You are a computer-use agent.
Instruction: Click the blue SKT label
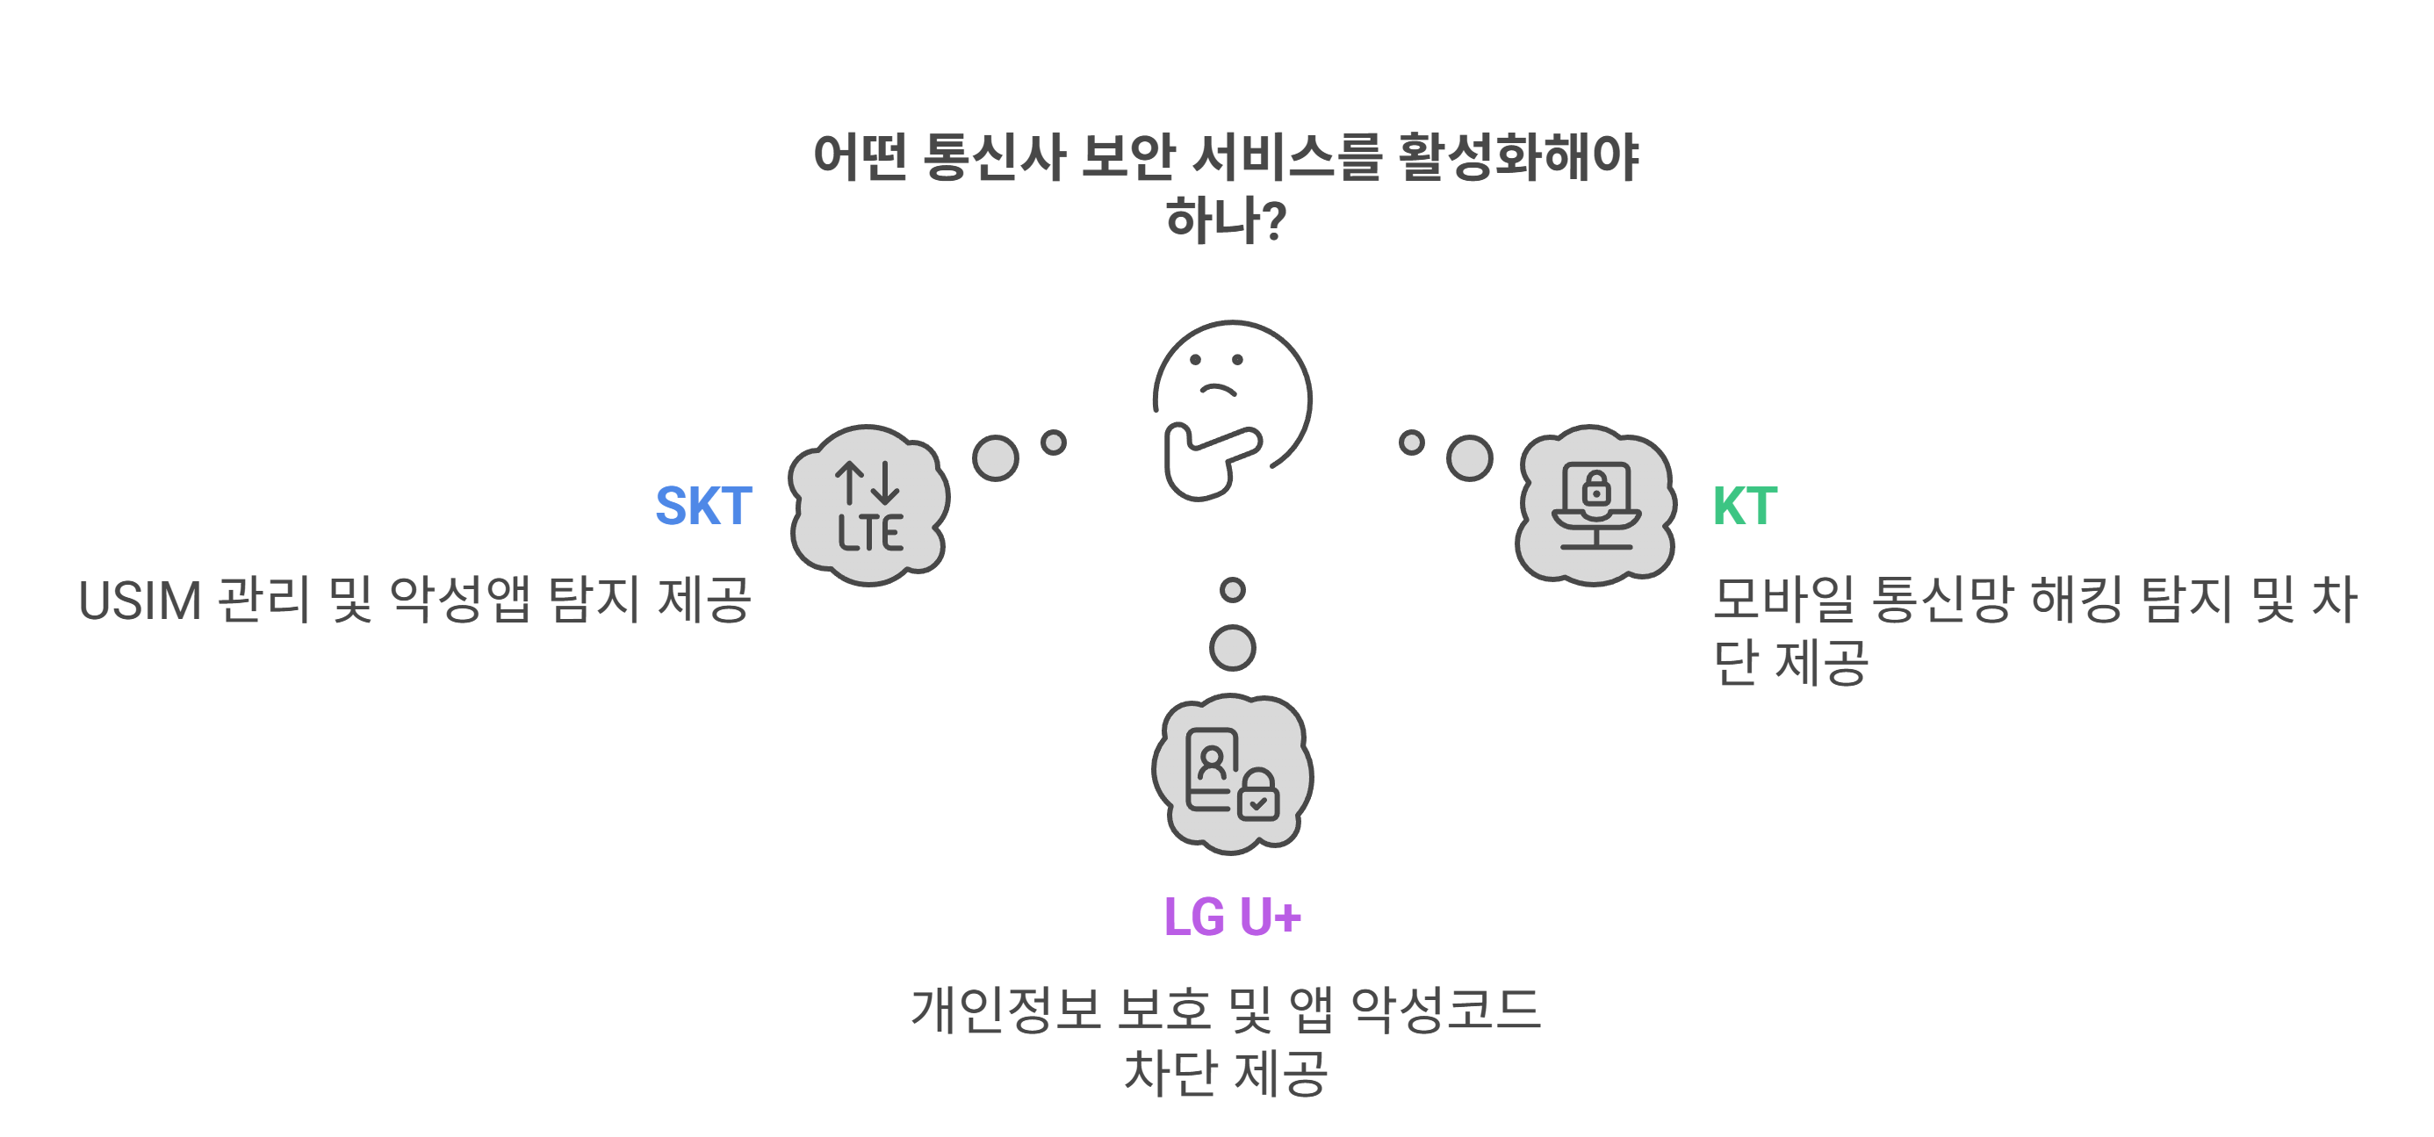[x=704, y=507]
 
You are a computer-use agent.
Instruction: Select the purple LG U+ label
[x=1232, y=917]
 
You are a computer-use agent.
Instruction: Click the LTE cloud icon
[x=869, y=506]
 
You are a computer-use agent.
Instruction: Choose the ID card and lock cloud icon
[x=1232, y=775]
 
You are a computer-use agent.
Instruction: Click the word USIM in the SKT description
[x=140, y=601]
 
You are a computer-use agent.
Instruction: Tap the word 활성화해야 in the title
[x=1517, y=157]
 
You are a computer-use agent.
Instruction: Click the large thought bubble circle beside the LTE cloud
[x=996, y=458]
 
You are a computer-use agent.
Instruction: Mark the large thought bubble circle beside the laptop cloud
[x=1469, y=458]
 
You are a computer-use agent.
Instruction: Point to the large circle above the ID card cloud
[x=1232, y=648]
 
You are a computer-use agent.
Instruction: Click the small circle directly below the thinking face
[x=1232, y=590]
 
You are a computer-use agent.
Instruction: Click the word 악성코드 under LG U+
[x=1445, y=1010]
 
